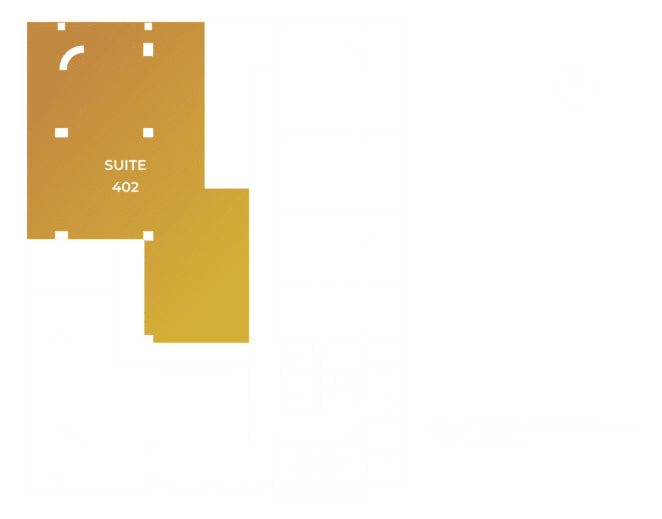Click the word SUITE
click(x=125, y=165)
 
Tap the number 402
click(x=125, y=187)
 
